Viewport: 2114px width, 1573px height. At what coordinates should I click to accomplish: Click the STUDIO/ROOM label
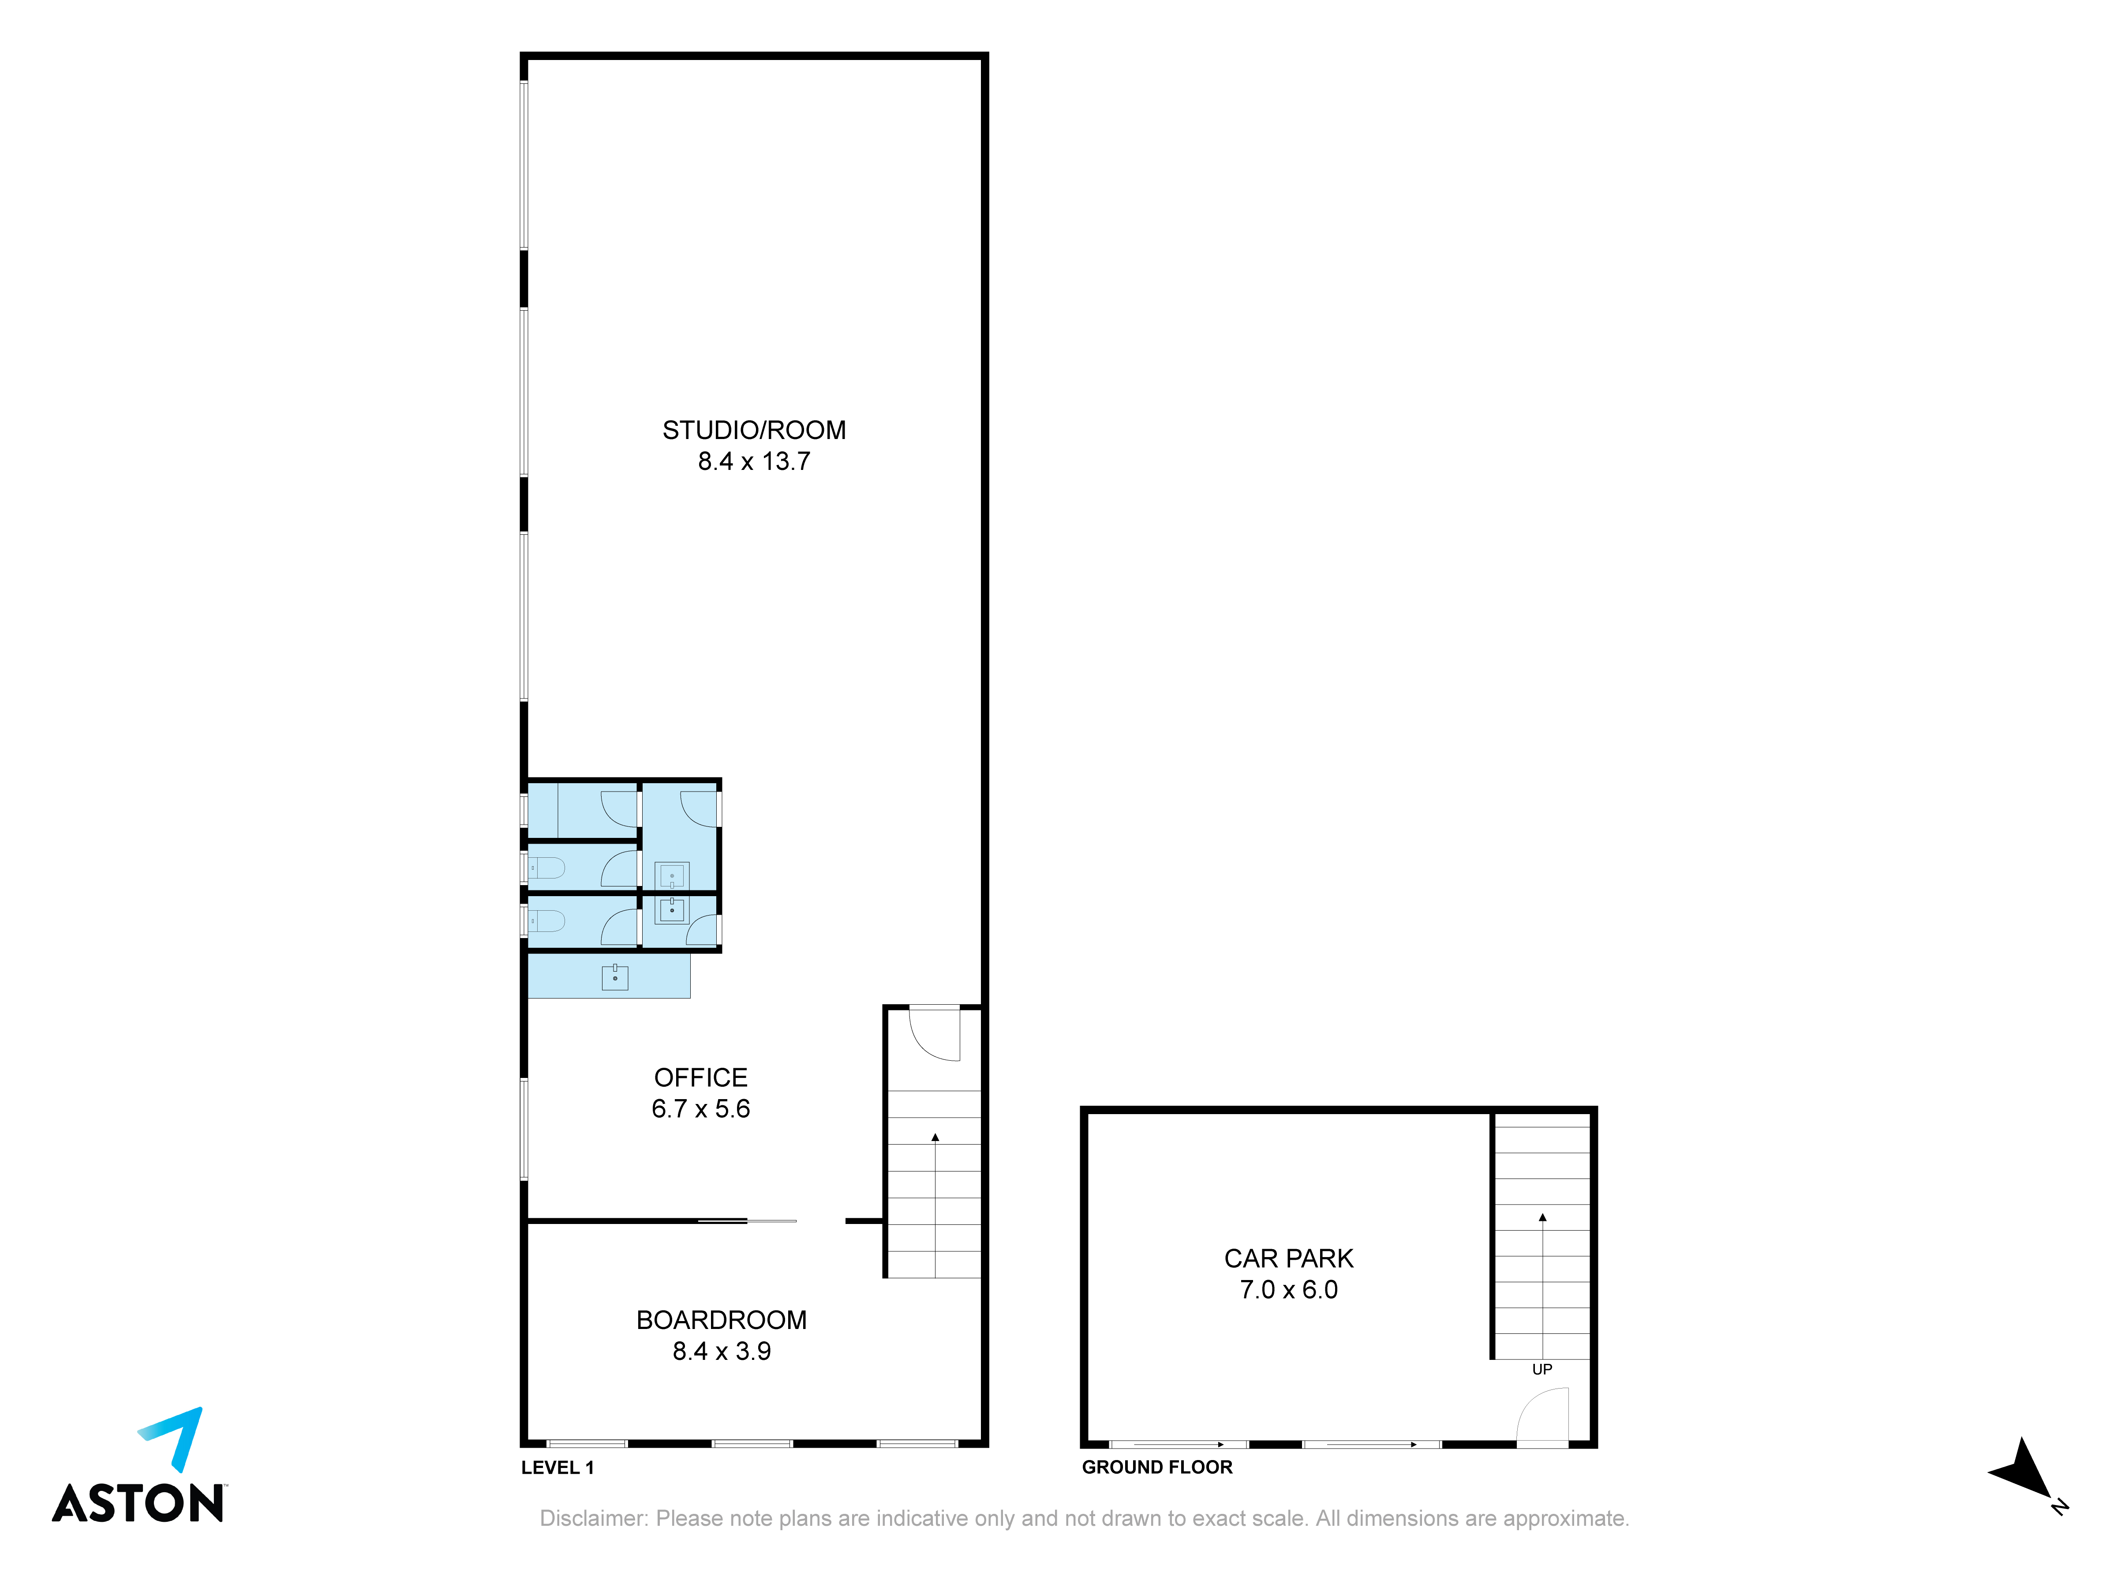754,430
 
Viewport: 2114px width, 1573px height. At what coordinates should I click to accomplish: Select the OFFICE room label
700,1078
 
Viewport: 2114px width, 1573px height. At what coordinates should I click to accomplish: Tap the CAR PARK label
1289,1259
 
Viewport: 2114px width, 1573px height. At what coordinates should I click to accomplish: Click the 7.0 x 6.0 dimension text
1289,1290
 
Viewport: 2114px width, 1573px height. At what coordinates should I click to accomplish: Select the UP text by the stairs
1542,1369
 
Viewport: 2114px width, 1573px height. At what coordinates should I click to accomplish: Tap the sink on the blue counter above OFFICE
615,977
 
